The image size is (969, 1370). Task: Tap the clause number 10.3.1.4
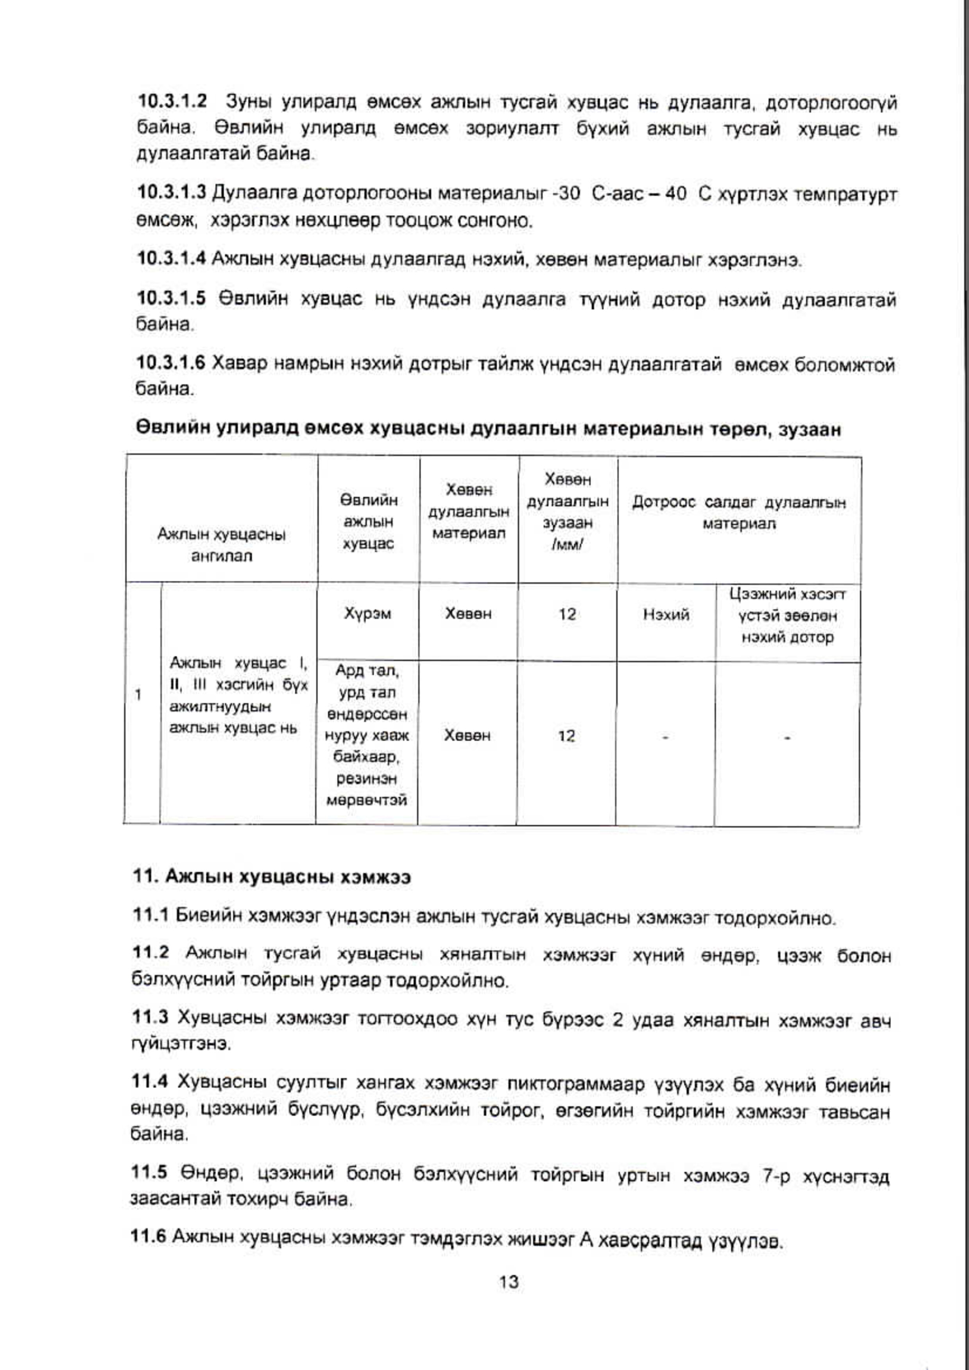click(x=172, y=259)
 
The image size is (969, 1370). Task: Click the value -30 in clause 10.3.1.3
click(x=567, y=194)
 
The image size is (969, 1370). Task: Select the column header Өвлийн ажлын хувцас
click(x=368, y=521)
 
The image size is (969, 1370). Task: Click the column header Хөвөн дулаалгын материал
click(x=469, y=511)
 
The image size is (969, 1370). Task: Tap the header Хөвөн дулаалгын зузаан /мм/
click(x=567, y=511)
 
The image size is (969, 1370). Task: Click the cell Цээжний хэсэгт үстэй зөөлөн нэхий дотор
click(x=788, y=616)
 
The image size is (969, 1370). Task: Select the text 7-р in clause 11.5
click(x=776, y=1176)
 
